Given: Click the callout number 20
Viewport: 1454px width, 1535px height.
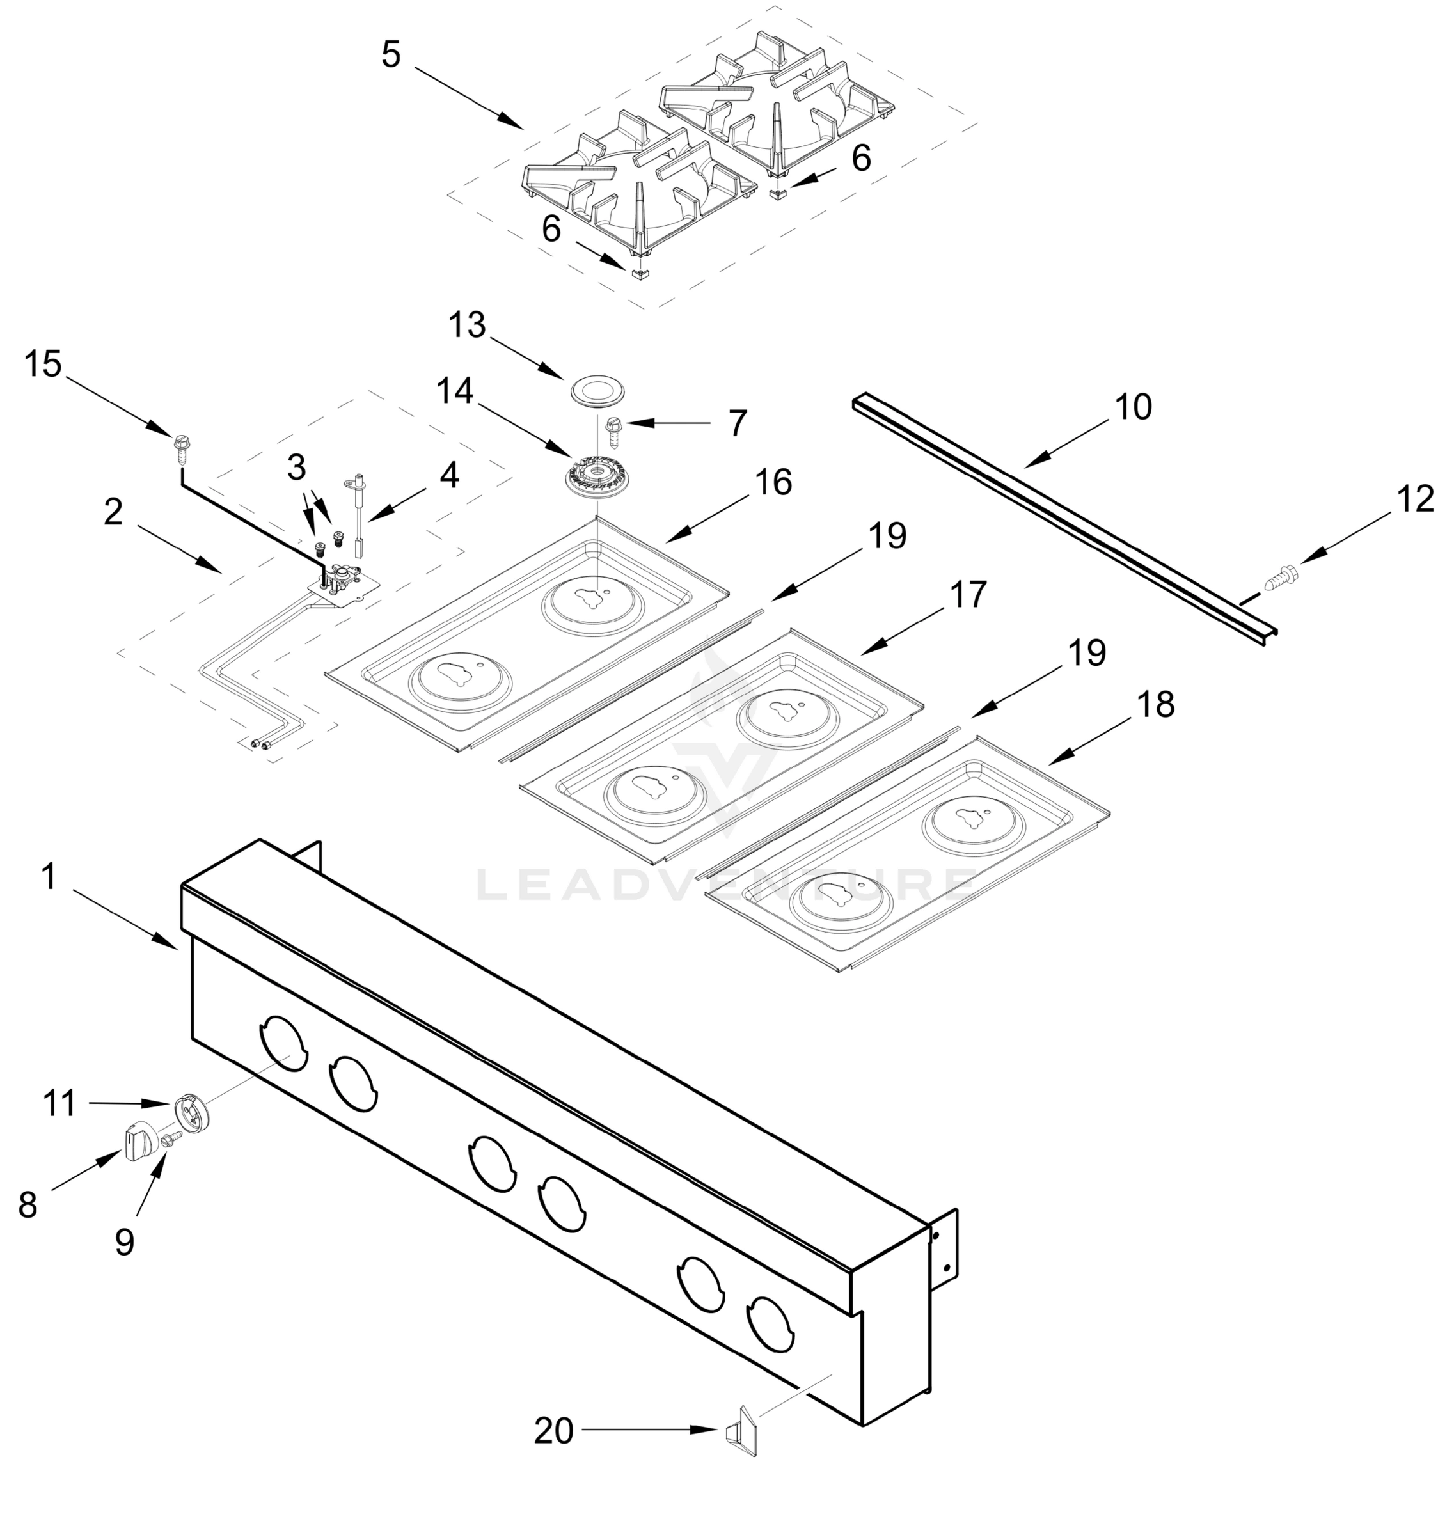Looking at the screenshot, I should [553, 1431].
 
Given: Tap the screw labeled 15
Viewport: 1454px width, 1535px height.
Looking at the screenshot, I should [182, 446].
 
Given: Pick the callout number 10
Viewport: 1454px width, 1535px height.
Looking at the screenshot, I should [1133, 407].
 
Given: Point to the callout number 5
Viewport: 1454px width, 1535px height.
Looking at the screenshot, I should [391, 55].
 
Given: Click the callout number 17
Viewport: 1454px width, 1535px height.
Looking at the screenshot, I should [968, 595].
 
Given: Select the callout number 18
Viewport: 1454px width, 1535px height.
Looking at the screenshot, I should [1156, 705].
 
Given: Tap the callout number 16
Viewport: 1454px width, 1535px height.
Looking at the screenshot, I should [773, 483].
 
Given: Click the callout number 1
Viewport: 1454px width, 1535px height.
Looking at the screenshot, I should [49, 877].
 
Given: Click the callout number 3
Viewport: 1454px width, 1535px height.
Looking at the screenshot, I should [296, 468].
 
